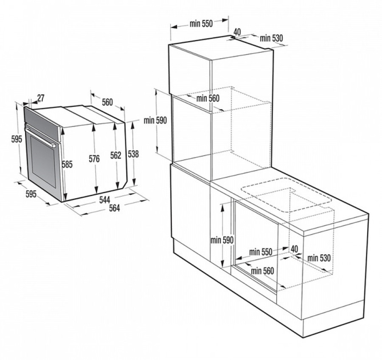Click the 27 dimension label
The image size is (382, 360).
click(x=41, y=98)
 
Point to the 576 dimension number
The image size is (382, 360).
click(x=94, y=159)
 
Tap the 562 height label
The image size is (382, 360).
click(x=116, y=155)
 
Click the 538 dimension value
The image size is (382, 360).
click(x=133, y=154)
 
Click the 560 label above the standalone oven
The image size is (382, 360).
click(x=107, y=102)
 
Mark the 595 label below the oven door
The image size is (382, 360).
click(x=31, y=194)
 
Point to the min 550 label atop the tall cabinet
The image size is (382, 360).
click(x=201, y=24)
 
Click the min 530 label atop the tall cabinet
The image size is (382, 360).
click(x=271, y=38)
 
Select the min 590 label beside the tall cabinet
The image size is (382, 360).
click(x=155, y=120)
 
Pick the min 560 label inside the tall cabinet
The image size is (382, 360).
click(x=208, y=98)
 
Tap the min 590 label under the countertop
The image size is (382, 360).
click(x=222, y=240)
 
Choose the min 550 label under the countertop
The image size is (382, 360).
click(x=260, y=252)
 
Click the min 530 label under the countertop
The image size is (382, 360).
click(x=319, y=257)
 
